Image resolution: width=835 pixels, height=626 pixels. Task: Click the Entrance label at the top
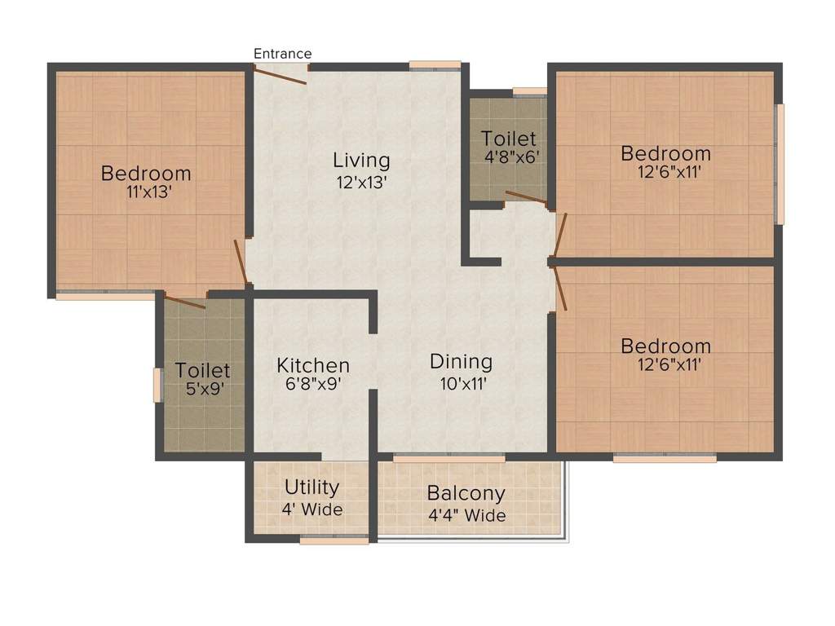[x=282, y=54]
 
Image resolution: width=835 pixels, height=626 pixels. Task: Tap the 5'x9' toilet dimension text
[x=205, y=390]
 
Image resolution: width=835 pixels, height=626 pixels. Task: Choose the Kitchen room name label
[x=313, y=365]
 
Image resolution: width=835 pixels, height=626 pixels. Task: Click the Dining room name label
[x=461, y=361]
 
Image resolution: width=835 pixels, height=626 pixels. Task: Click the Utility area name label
[x=311, y=487]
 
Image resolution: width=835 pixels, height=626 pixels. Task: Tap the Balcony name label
[x=466, y=493]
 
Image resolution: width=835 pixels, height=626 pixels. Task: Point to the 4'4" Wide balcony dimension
[x=466, y=515]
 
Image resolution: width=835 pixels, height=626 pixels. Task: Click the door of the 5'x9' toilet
[x=185, y=302]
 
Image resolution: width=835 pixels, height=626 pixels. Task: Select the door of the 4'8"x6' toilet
[x=526, y=196]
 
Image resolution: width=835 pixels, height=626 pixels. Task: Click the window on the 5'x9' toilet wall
[x=157, y=385]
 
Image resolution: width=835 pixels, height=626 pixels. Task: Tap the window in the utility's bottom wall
[x=334, y=539]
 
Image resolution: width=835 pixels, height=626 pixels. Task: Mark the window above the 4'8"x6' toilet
[x=529, y=91]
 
